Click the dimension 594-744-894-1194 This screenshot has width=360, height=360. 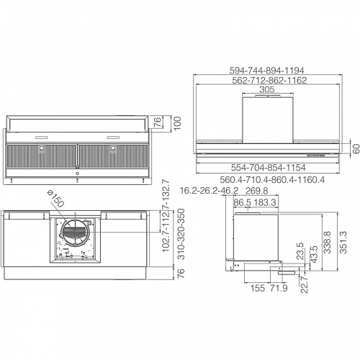[x=266, y=71]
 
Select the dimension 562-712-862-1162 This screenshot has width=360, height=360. [x=269, y=80]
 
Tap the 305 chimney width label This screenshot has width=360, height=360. [x=267, y=89]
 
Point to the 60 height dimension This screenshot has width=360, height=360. [x=356, y=148]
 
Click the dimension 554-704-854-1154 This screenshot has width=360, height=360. [x=269, y=168]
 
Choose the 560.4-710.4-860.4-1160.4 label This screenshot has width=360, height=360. [x=272, y=179]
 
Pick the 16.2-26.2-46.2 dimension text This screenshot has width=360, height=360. [x=209, y=191]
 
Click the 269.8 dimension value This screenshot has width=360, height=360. [x=256, y=191]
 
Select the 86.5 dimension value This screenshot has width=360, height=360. [x=243, y=202]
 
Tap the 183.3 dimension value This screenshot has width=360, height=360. [x=265, y=202]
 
